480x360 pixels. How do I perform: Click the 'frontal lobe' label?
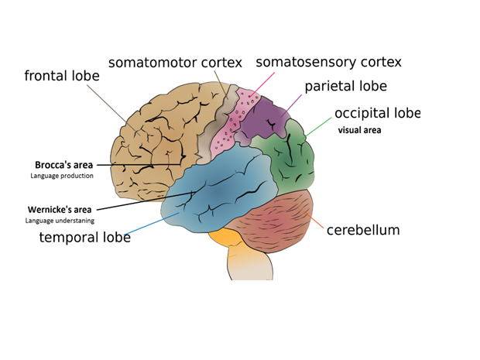[x=67, y=76]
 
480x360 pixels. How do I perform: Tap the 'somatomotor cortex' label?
[x=175, y=63]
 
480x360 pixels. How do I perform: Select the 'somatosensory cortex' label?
[x=328, y=62]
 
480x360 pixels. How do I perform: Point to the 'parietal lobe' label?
[x=345, y=86]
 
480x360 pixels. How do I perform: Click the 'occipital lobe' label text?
[x=376, y=113]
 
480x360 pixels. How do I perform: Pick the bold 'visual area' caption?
[x=359, y=130]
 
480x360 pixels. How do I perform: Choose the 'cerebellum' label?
[x=363, y=230]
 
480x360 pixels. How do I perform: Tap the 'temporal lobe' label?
[x=84, y=237]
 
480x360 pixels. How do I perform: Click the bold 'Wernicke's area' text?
[x=60, y=209]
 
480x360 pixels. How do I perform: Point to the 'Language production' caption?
[x=62, y=176]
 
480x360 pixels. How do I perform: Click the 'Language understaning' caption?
[x=60, y=221]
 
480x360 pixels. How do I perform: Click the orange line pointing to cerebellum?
[x=317, y=224]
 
